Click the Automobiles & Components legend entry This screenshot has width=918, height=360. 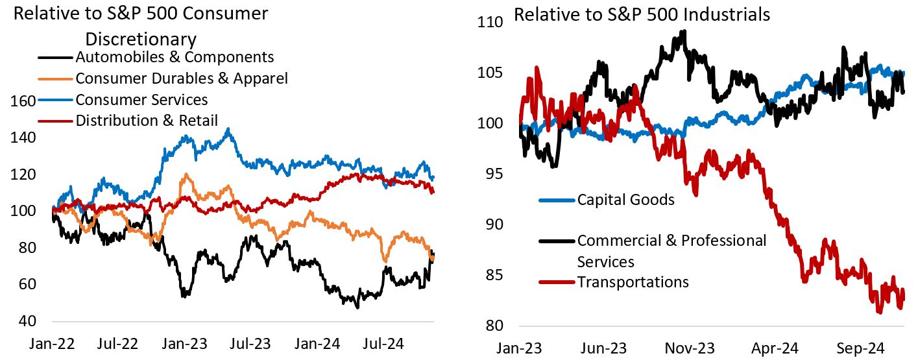175,58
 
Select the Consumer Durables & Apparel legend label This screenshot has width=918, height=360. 182,78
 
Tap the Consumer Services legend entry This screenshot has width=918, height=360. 141,99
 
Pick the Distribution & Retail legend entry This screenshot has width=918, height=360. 147,120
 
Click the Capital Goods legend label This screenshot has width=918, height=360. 625,199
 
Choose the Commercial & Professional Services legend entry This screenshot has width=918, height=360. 671,250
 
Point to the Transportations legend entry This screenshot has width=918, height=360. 633,282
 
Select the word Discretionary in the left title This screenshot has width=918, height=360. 141,38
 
